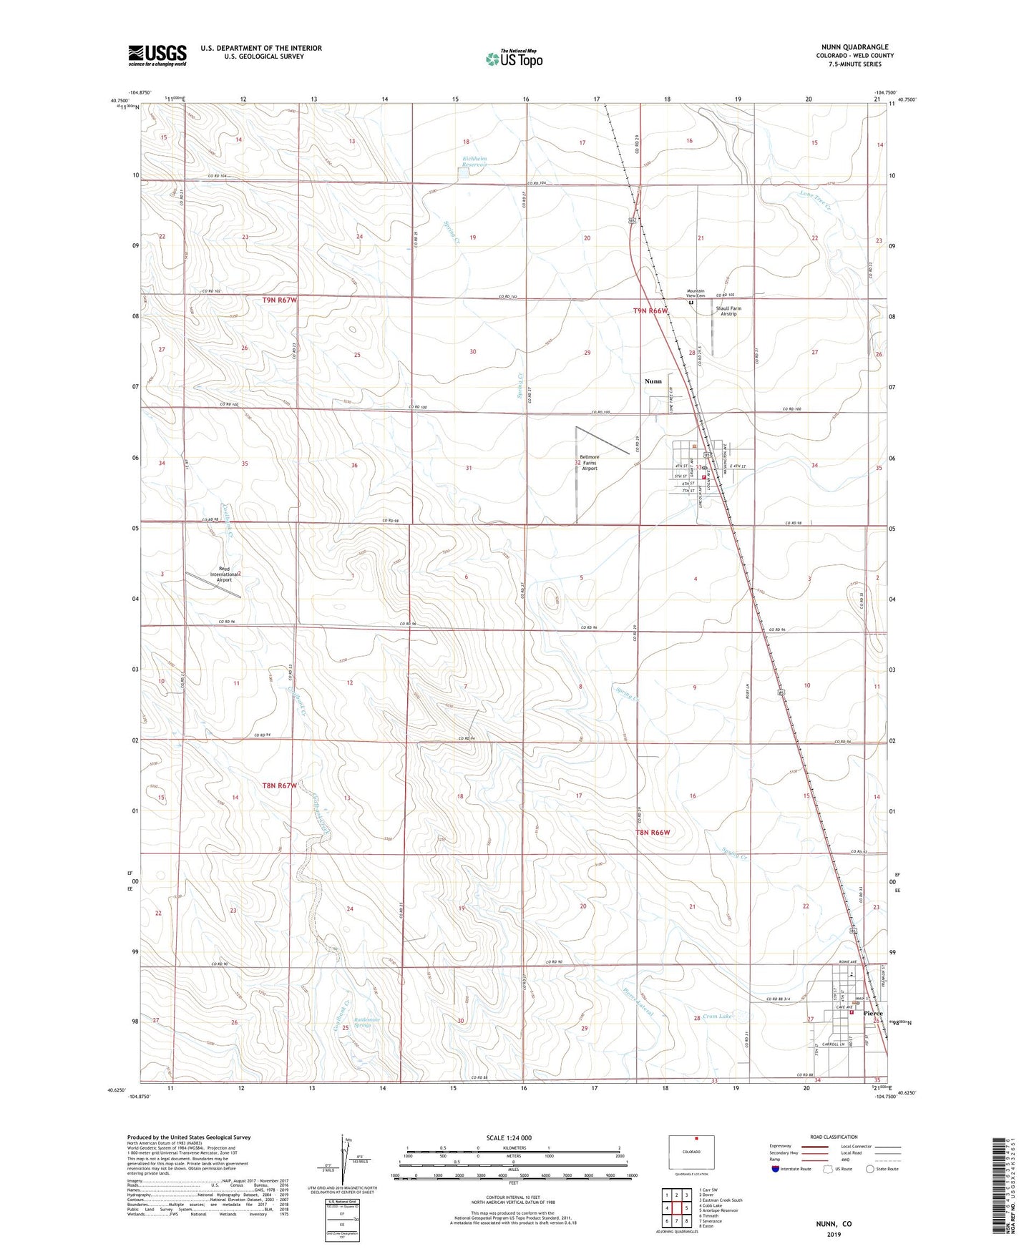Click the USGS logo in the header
click(157, 55)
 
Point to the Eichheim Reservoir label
click(474, 161)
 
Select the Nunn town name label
click(653, 381)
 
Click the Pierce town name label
click(872, 1014)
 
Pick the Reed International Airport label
click(224, 574)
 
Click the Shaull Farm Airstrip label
click(728, 311)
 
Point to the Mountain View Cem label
click(696, 293)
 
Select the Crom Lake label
click(717, 1017)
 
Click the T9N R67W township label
click(279, 300)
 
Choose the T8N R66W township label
click(653, 832)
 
